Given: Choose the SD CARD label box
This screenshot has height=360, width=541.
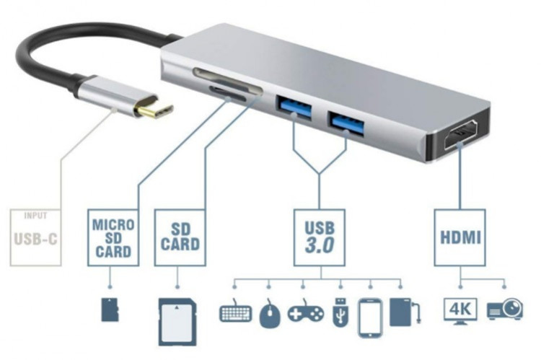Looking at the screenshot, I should (x=180, y=236).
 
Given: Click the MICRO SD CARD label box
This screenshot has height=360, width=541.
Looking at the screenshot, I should (x=112, y=236).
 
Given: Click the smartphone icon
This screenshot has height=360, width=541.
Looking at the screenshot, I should (x=369, y=317).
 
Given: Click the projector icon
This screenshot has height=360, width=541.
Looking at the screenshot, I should (x=505, y=311).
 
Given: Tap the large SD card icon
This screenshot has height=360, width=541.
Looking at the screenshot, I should (x=177, y=318).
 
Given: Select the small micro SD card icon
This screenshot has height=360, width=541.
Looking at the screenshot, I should (x=110, y=308).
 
